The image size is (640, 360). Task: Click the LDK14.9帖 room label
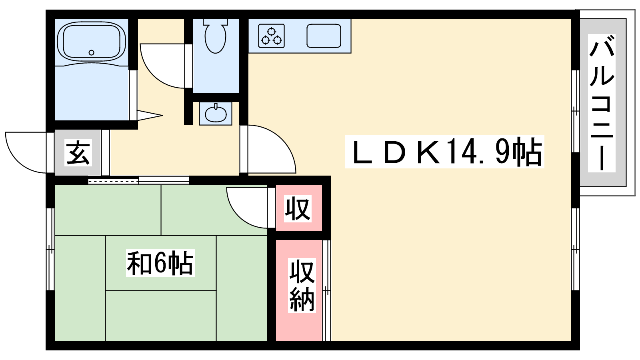[x=444, y=152]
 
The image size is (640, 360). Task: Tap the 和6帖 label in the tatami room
[x=160, y=263]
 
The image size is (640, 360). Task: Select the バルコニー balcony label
[x=602, y=103]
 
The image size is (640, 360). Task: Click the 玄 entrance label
[x=78, y=152]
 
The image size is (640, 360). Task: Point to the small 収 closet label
[x=298, y=208]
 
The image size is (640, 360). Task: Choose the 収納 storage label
[x=302, y=285]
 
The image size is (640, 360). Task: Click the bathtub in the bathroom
[x=92, y=43]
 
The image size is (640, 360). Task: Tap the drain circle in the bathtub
[x=92, y=52]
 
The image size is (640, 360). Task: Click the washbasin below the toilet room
[x=216, y=113]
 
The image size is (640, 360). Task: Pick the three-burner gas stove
[x=272, y=36]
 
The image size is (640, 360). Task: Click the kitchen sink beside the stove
[x=324, y=36]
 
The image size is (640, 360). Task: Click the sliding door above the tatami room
[x=138, y=180]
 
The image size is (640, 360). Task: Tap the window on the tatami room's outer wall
[x=50, y=249]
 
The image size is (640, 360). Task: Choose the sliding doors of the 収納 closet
[x=326, y=290]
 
